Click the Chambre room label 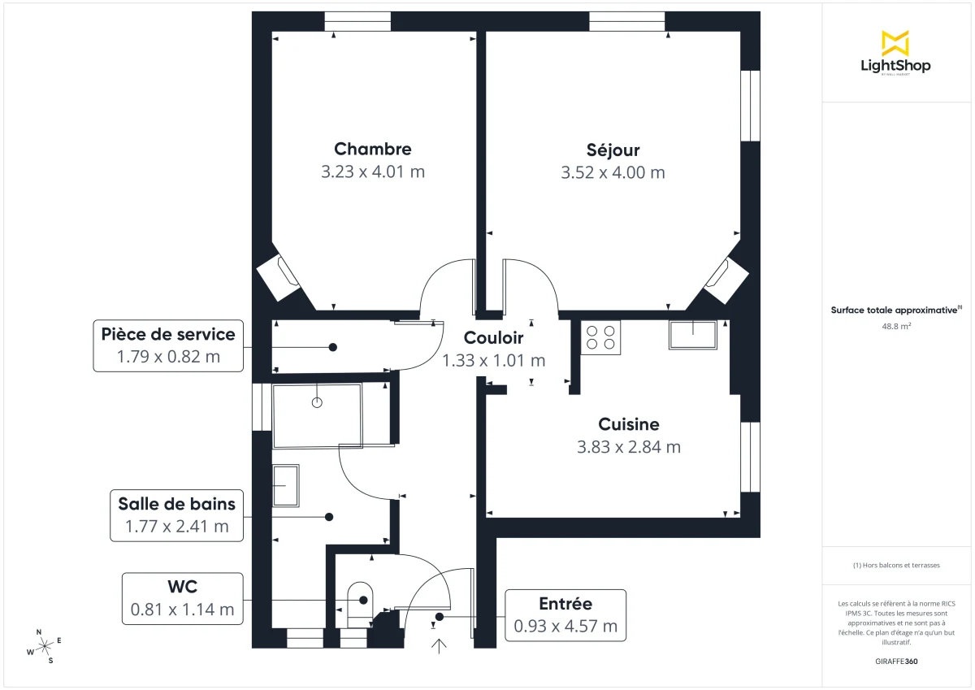tap(372, 149)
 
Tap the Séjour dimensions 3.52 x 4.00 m tap(613, 172)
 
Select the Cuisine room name tap(628, 424)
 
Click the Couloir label tap(493, 338)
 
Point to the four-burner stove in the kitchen tap(600, 337)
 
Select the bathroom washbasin tap(285, 485)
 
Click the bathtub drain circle tap(317, 402)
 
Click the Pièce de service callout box tap(168, 345)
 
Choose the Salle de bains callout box tap(176, 515)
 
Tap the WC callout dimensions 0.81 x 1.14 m tap(182, 609)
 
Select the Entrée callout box tap(565, 615)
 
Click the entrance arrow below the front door tap(440, 646)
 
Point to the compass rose tap(45, 645)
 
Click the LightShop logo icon tap(895, 43)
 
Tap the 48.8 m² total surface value tap(895, 326)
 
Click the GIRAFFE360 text tap(896, 662)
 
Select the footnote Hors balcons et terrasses tap(896, 565)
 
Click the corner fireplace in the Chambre tap(280, 275)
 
